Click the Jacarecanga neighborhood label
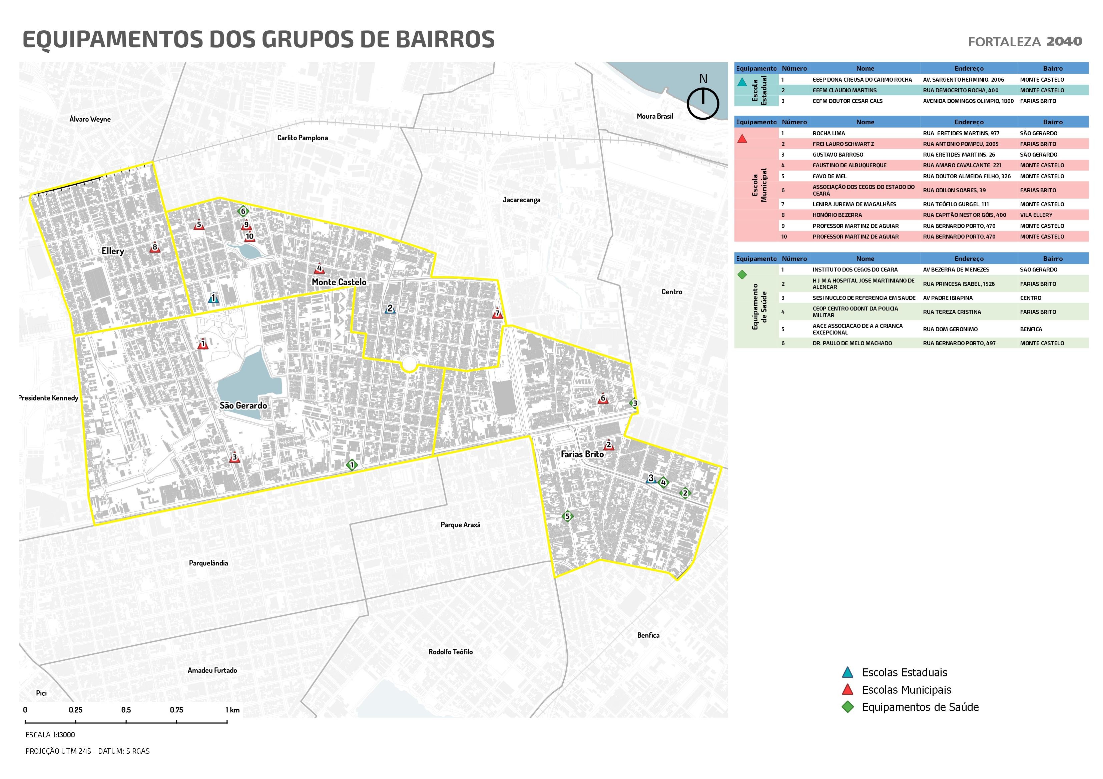521,200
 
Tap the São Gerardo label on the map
243,405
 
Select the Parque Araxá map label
460,525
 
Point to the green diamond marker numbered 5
567,516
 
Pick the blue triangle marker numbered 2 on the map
390,309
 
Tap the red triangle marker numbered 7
497,314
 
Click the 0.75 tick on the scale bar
176,710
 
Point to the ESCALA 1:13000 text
50,735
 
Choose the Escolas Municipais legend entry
906,690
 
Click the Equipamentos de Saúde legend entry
920,707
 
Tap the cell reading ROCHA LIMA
829,133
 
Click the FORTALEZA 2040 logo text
1025,42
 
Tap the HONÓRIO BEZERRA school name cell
837,215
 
